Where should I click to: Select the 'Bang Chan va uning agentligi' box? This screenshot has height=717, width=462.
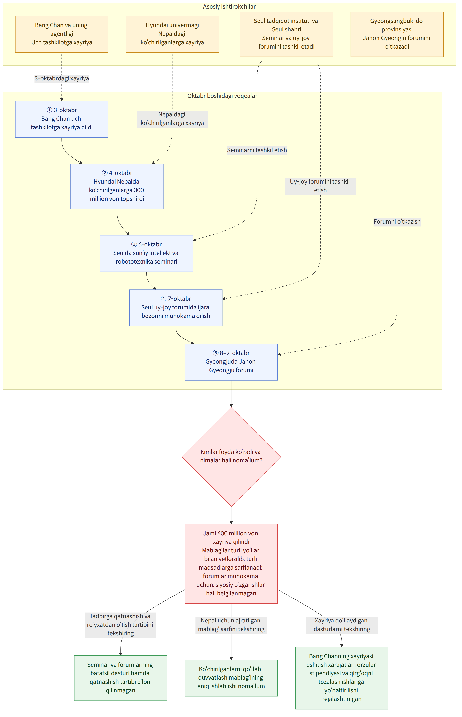[x=62, y=34]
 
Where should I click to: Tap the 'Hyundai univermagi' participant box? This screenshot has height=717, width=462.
[x=172, y=34]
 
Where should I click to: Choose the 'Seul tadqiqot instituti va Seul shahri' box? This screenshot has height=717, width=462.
[x=286, y=34]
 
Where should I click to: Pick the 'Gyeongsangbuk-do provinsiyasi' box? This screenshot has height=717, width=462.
[x=397, y=34]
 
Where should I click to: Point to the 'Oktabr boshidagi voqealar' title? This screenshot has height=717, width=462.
[x=222, y=96]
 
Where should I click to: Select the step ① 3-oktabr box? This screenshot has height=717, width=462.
[x=62, y=119]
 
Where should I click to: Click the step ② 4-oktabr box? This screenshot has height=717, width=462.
[x=117, y=186]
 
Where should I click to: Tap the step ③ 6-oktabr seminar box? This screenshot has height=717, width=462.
[x=146, y=254]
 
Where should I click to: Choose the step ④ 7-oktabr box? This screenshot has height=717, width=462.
[x=176, y=308]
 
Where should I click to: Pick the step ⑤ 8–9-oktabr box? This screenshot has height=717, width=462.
[x=231, y=362]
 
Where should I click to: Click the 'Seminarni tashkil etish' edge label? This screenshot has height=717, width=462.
[x=257, y=150]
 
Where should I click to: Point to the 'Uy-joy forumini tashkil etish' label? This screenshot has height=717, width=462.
[x=320, y=186]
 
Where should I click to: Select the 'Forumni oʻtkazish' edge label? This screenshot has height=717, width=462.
[x=397, y=222]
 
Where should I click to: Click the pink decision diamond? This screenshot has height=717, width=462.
[x=231, y=457]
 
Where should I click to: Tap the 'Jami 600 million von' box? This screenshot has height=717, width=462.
[x=231, y=564]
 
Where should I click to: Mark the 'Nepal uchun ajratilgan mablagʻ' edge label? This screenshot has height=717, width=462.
[x=231, y=625]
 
